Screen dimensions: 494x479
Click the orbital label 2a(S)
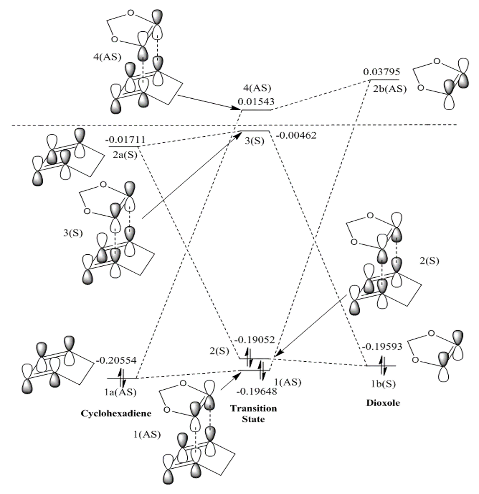click(x=123, y=155)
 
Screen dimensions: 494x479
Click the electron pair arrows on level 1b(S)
click(x=384, y=366)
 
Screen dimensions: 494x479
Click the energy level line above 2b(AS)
click(x=384, y=80)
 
